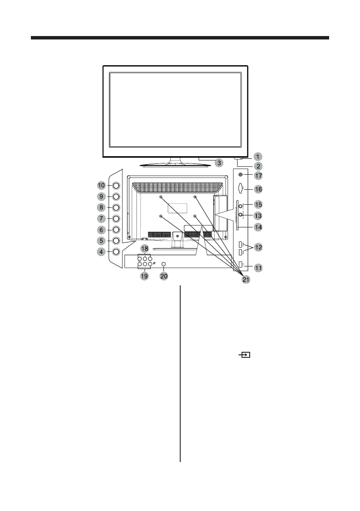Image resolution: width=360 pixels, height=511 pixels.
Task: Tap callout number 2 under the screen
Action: [x=257, y=165]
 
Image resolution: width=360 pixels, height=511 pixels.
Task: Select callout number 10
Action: [x=101, y=185]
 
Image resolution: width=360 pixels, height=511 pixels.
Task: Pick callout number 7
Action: [x=101, y=218]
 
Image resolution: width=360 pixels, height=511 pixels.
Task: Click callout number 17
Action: [x=258, y=175]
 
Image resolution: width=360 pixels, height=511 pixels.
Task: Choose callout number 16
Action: [x=258, y=188]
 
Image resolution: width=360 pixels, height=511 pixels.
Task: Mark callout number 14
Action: [x=258, y=226]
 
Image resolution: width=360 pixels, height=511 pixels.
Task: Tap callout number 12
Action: [x=258, y=247]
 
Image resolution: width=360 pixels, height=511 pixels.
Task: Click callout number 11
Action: [x=258, y=268]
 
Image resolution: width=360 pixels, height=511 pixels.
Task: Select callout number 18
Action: [x=145, y=249]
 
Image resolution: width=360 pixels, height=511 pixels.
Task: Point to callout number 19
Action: [x=145, y=277]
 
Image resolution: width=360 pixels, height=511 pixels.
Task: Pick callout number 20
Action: [x=163, y=277]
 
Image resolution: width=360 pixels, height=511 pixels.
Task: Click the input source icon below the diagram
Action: [x=245, y=355]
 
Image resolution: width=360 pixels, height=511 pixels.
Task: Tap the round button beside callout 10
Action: [x=116, y=185]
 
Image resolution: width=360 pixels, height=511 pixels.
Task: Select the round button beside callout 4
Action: [x=116, y=252]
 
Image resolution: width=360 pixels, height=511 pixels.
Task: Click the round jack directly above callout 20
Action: [x=163, y=264]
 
